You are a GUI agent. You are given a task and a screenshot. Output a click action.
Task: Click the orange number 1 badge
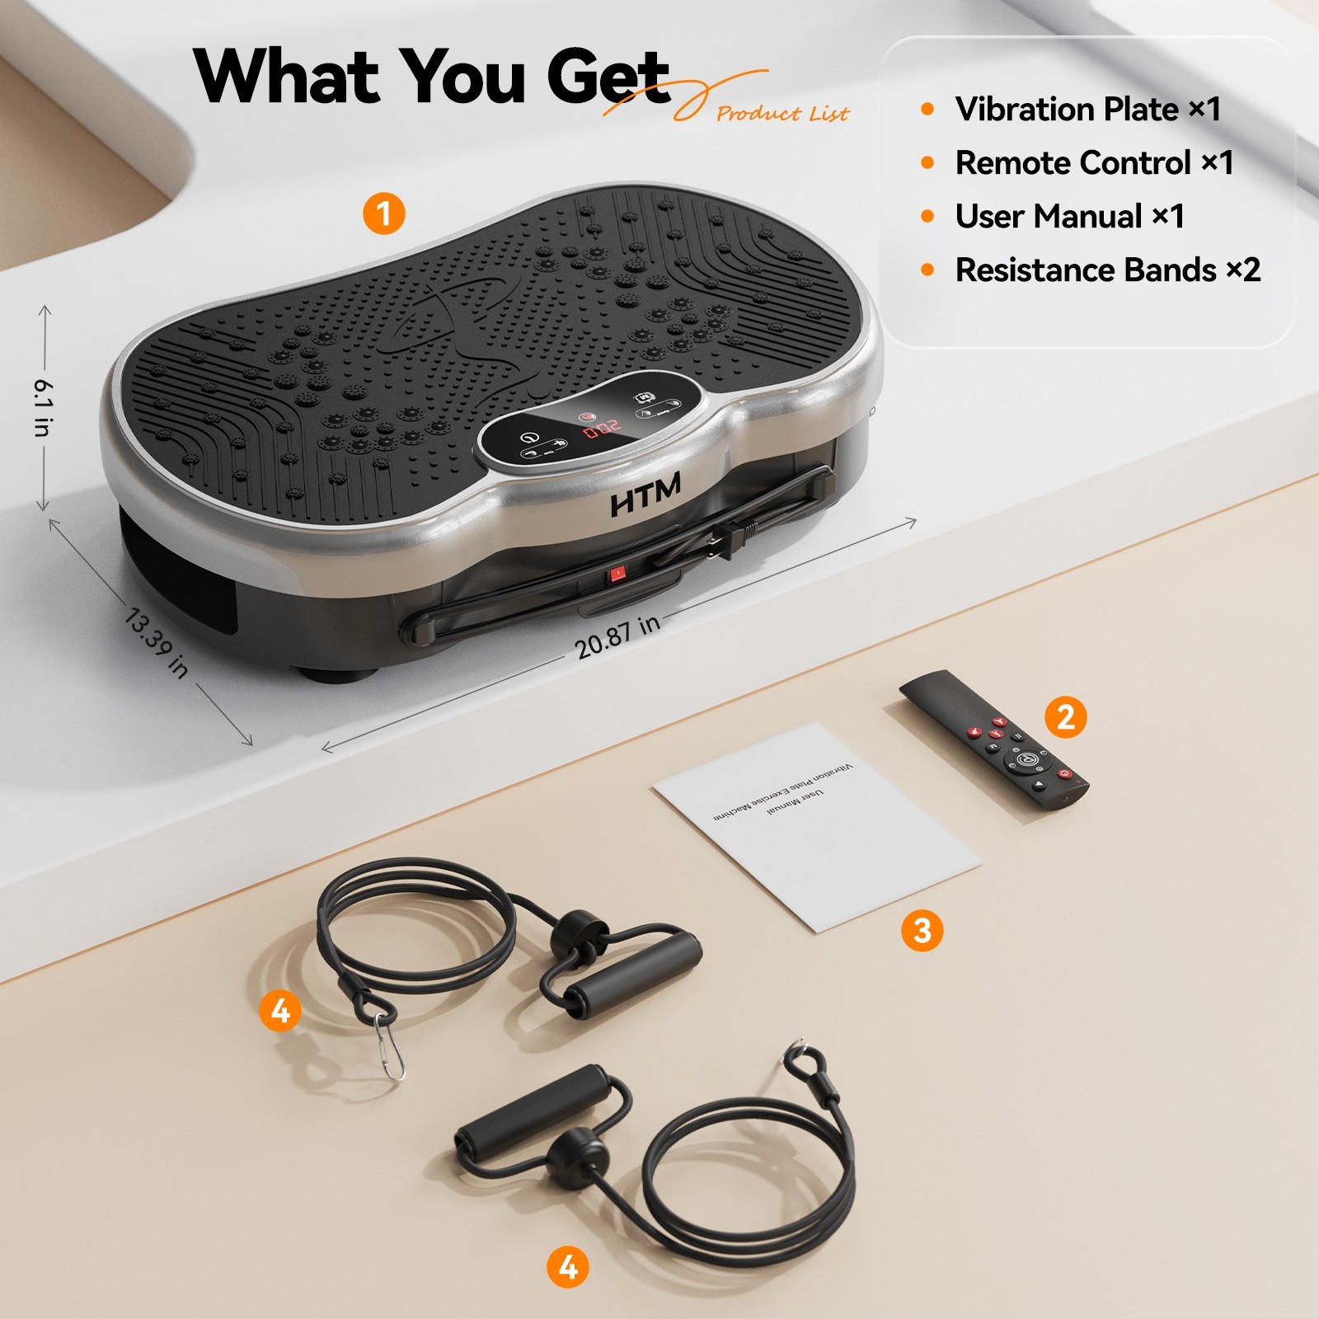point(384,214)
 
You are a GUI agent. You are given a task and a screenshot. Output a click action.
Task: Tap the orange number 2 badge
point(1065,716)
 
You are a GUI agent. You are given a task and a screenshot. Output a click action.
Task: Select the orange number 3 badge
point(922,931)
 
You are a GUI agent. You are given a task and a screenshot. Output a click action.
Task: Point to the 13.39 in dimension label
point(156,643)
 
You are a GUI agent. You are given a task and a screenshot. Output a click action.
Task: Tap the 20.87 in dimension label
point(617,637)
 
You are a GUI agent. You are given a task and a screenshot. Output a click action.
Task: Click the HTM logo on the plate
point(645,494)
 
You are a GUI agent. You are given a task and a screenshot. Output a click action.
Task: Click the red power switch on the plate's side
point(617,573)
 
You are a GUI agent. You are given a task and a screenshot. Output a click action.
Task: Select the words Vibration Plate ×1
point(1087,109)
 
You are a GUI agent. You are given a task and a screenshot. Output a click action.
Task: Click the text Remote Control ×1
point(1094,162)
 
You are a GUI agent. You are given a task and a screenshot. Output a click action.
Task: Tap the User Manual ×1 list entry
point(1069,216)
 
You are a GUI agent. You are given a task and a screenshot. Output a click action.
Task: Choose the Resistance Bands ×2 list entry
point(1107,270)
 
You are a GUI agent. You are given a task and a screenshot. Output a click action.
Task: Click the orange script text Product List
point(782,114)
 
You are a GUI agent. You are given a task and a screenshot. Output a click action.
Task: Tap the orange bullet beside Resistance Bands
point(927,270)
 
